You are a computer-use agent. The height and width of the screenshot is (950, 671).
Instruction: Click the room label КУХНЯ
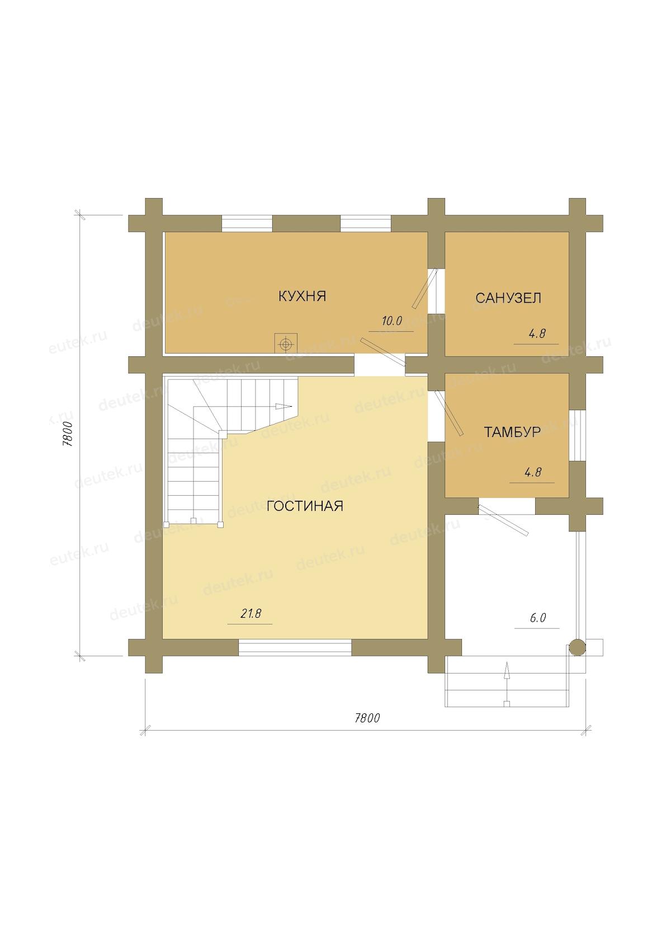pos(302,296)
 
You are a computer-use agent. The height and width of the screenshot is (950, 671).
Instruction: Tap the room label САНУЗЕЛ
pos(508,298)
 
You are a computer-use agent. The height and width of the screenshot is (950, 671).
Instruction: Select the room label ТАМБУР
pos(512,432)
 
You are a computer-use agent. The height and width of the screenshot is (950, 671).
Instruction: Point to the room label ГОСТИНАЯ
pos(305,506)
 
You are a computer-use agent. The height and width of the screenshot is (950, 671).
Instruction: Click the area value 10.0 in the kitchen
pos(391,321)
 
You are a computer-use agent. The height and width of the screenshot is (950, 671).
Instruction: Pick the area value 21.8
pos(251,613)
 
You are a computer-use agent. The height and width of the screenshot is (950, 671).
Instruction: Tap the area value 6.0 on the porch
pos(538,618)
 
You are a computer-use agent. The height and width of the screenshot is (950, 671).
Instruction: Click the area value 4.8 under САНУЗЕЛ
pos(537,334)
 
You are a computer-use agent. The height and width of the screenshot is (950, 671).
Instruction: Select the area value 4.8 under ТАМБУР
pos(533,472)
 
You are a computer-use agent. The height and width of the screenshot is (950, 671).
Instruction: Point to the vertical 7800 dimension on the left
pos(68,434)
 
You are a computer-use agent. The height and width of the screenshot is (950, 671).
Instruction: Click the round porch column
pos(577,648)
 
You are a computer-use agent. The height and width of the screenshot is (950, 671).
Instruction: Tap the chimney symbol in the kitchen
pos(286,345)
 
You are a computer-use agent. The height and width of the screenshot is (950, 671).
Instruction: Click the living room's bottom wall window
pos(295,648)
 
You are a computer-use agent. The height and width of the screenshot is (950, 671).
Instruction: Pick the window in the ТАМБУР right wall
pos(577,436)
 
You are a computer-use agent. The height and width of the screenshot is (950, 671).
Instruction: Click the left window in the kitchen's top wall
pos(247,223)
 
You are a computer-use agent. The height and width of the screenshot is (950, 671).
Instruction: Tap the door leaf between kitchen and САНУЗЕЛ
pos(424,288)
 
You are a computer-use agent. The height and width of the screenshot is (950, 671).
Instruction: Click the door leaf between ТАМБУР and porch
pos(503,520)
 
